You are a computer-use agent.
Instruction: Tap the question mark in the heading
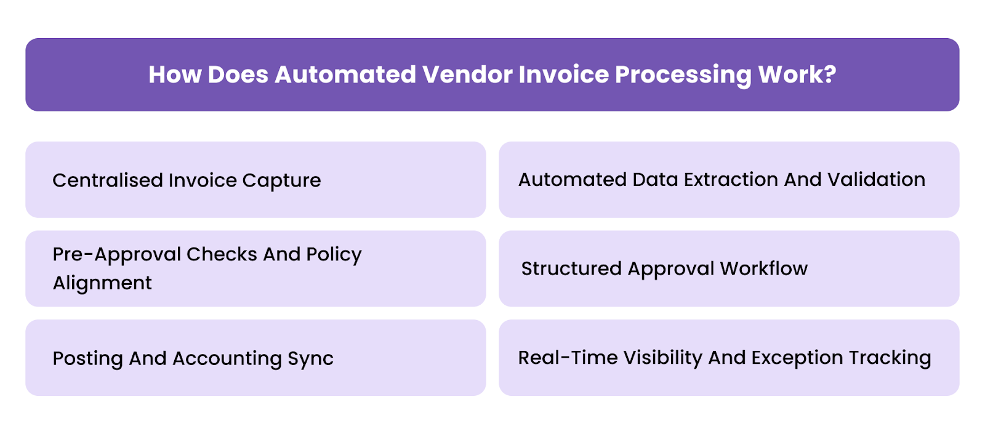[830, 74]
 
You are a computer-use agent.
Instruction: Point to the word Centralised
[107, 180]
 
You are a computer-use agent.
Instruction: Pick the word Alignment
[102, 283]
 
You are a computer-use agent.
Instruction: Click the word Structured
[571, 269]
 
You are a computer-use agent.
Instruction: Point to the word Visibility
[662, 358]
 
